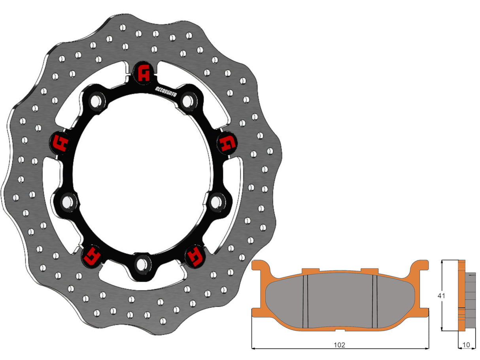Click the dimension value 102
(x=339, y=345)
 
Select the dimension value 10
(x=467, y=345)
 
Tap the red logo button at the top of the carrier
(x=144, y=73)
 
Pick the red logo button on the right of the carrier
(x=227, y=143)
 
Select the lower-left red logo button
(x=92, y=256)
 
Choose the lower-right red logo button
(x=195, y=256)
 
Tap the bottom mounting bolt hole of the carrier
(x=142, y=262)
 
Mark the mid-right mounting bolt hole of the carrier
(x=216, y=202)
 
